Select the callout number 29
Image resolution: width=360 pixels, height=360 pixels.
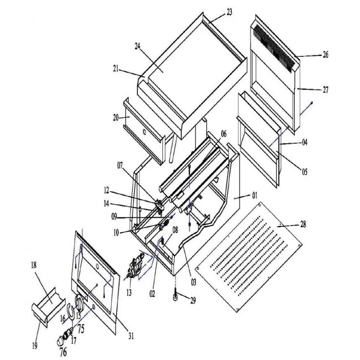point(193,300)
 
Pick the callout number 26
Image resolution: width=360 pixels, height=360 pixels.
point(325,55)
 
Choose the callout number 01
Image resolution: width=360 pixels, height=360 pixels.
point(254,195)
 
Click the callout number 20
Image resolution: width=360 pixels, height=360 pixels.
point(116,117)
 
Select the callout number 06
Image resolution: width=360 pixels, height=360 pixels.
point(224,134)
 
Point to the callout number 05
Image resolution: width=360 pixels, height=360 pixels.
point(304,171)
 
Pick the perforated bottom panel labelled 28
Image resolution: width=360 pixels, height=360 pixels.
point(252,256)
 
